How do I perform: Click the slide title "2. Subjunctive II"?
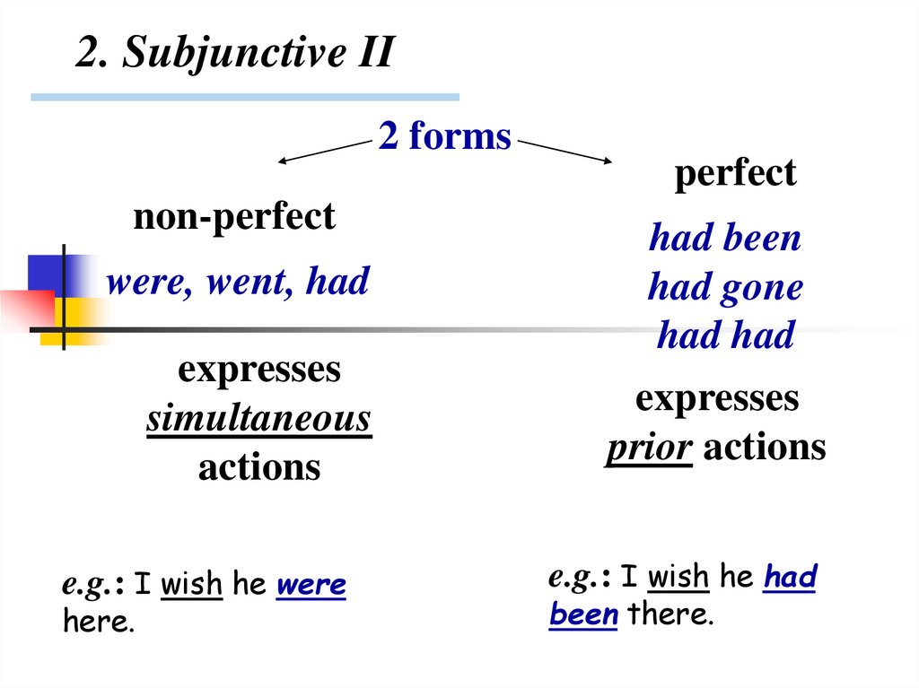click(234, 54)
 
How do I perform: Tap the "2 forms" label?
click(444, 137)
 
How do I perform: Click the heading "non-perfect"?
click(233, 217)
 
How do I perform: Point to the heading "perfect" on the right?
click(735, 173)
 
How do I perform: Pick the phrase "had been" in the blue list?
click(724, 239)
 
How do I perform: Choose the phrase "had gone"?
click(724, 288)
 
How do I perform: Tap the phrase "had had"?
click(725, 336)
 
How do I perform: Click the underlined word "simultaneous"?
click(258, 419)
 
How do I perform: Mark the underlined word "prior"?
click(648, 448)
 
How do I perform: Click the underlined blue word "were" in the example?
click(311, 586)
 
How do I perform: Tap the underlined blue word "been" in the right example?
click(583, 615)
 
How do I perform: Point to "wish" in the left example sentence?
click(191, 586)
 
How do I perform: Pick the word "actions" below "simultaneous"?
click(258, 467)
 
